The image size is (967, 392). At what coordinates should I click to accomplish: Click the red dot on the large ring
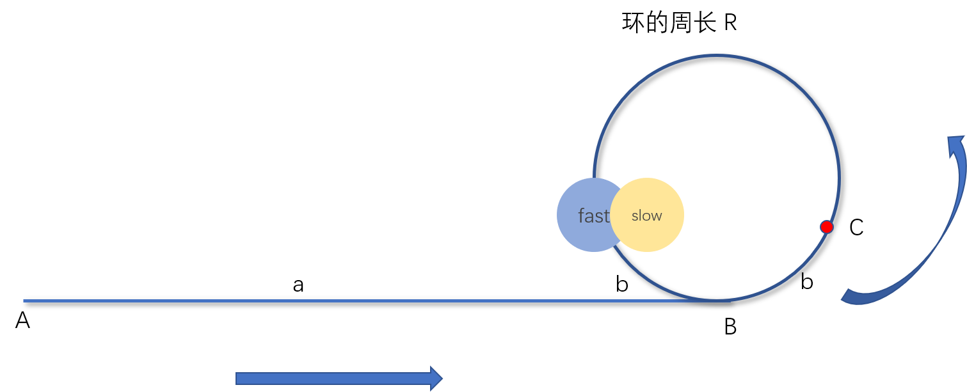pos(826,226)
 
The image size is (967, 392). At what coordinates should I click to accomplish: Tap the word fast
pos(593,216)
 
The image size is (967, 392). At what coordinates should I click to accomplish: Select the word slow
pos(646,216)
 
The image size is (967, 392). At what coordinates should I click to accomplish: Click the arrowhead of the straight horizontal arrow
pos(436,378)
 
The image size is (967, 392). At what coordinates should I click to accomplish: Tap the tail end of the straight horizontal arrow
pos(238,378)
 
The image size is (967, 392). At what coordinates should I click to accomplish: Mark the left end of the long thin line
pos(24,301)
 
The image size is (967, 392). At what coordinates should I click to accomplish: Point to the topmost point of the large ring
pos(717,56)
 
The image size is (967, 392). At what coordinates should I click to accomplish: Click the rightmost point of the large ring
pos(839,178)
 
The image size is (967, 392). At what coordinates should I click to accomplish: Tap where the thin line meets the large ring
pos(717,300)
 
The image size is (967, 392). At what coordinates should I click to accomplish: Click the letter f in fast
pos(581,216)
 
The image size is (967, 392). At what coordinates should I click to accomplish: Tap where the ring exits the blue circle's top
pos(594,178)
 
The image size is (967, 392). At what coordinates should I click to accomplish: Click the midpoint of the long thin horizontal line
pos(376,301)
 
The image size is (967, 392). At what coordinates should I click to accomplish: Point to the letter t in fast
pos(606,216)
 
